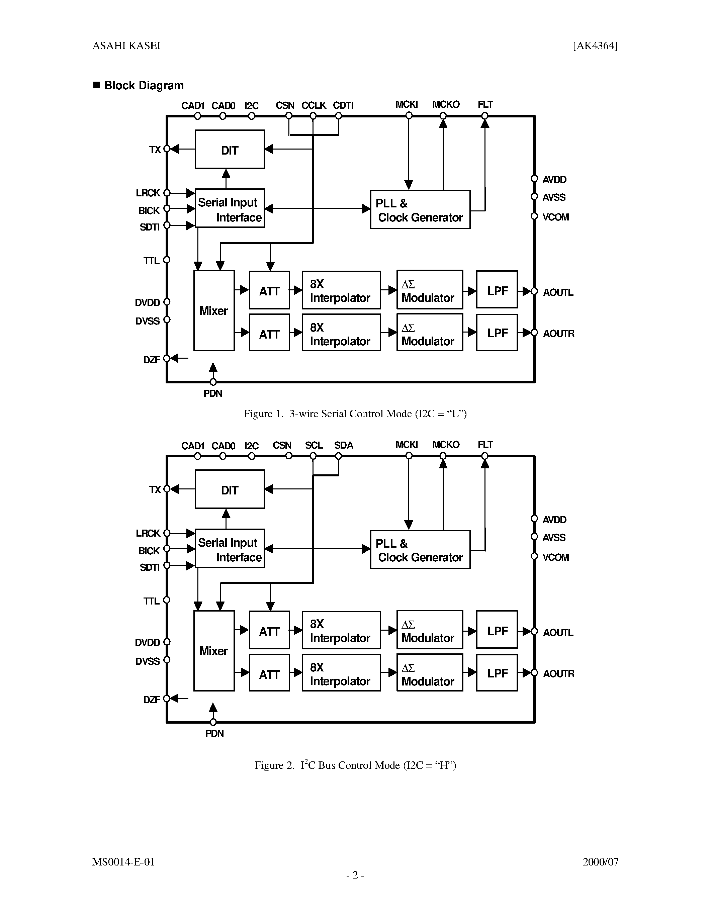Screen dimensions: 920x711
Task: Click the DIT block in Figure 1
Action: [230, 150]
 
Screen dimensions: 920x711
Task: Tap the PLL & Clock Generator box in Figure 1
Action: [420, 210]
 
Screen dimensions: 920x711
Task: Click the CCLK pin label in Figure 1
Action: [314, 105]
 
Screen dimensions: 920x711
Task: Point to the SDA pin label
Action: [344, 445]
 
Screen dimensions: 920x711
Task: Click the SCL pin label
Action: [314, 445]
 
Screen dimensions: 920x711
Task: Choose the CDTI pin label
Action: [343, 105]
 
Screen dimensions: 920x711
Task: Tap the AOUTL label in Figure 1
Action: [558, 292]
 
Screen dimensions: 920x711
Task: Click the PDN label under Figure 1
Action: [213, 393]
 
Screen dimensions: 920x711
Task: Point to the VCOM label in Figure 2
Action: [555, 557]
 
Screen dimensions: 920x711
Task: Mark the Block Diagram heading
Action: [144, 86]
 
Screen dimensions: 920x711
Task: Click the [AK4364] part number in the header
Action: [595, 46]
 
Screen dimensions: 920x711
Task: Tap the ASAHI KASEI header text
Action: [126, 46]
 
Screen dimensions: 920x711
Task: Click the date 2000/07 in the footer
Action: [600, 862]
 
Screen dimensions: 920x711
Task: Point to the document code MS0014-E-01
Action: [123, 862]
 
